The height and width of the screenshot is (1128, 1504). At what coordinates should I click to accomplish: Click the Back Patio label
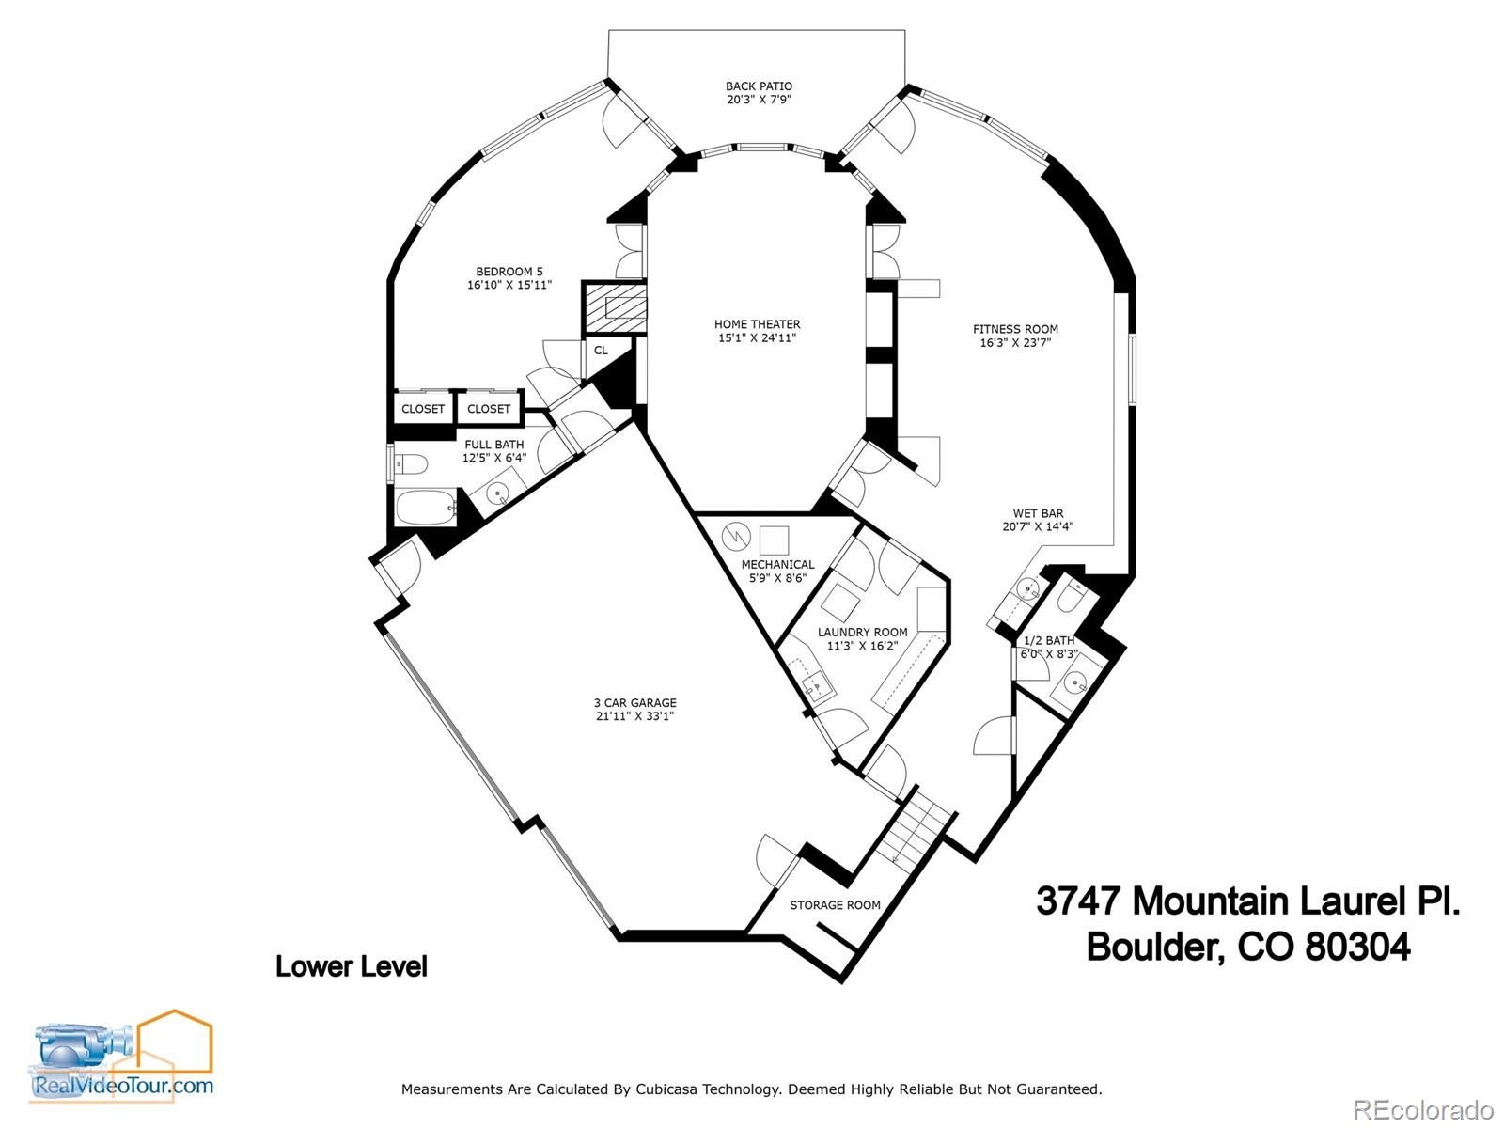point(759,86)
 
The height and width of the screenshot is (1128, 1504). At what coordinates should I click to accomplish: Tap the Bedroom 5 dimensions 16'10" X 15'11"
point(509,285)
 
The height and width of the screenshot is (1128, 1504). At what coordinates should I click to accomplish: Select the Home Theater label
point(757,324)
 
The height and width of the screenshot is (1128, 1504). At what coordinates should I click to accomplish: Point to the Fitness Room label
point(1015,329)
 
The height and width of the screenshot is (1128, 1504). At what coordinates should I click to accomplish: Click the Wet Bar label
point(1038,513)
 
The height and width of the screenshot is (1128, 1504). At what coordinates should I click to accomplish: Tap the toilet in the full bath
point(411,464)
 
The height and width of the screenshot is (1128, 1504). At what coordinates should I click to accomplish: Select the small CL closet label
point(601,351)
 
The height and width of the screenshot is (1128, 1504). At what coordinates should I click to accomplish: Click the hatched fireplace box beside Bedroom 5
point(614,306)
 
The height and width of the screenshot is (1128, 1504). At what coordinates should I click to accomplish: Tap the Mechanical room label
point(777,564)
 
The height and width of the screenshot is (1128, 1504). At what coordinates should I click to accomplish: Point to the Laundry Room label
point(862,633)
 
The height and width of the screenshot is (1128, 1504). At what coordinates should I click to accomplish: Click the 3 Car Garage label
point(634,702)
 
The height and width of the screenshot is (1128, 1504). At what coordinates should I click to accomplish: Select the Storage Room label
point(835,905)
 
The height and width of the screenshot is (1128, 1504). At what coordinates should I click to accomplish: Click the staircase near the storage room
point(910,827)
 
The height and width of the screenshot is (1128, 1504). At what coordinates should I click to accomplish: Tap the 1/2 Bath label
point(1048,640)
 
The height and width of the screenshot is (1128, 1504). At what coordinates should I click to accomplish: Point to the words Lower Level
point(351,966)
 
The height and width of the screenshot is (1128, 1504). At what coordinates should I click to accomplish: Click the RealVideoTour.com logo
point(123,1057)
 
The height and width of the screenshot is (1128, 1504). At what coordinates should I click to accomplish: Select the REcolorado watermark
point(1424,1109)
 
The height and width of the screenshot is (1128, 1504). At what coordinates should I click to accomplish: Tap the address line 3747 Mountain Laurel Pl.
point(1248,901)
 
